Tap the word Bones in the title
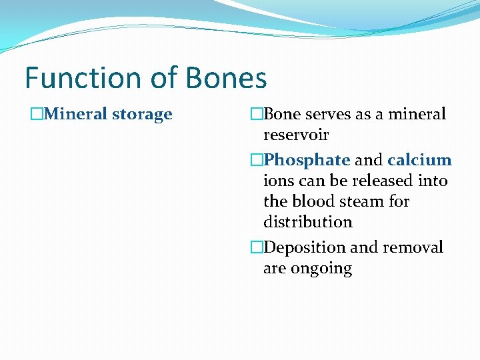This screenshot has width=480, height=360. pyautogui.click(x=226, y=78)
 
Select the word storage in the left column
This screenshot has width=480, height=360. pyautogui.click(x=142, y=115)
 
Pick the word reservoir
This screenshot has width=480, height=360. pyautogui.click(x=296, y=135)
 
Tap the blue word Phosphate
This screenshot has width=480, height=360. pyautogui.click(x=307, y=160)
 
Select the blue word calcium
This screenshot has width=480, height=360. pyautogui.click(x=419, y=160)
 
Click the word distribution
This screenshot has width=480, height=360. pyautogui.click(x=307, y=222)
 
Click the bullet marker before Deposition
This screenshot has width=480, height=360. pyautogui.click(x=257, y=248)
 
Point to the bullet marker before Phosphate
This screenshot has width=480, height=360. pyautogui.click(x=257, y=160)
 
